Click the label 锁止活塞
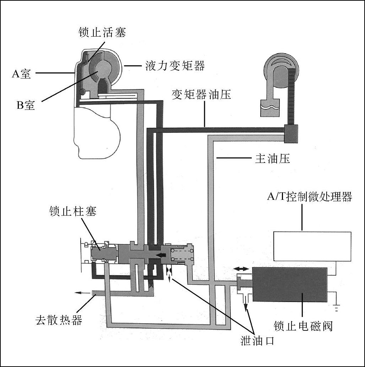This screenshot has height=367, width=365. (x=102, y=33)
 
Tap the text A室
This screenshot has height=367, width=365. (x=21, y=74)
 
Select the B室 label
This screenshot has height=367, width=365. (x=26, y=105)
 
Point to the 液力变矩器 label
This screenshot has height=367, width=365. (x=175, y=66)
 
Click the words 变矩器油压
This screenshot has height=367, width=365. (x=201, y=95)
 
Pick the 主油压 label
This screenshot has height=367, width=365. (x=273, y=159)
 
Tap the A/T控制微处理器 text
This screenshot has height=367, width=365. (x=309, y=197)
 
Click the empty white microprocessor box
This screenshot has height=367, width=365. (x=312, y=246)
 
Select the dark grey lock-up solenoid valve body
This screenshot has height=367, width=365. (x=289, y=285)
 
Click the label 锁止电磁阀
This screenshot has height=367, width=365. (x=303, y=325)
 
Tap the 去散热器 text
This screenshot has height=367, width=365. (x=59, y=320)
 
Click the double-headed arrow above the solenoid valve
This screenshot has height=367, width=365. (x=241, y=269)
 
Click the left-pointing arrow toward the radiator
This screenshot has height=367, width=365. (x=82, y=293)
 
